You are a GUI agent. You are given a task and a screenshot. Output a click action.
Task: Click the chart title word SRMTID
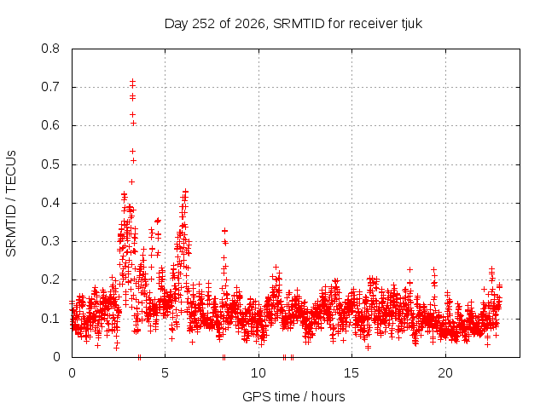click(x=299, y=24)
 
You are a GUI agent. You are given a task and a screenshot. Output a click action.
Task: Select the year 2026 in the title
click(x=250, y=24)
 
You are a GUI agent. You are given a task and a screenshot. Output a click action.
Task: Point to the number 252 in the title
click(x=204, y=24)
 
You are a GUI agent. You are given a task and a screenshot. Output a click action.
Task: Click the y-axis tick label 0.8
click(x=50, y=49)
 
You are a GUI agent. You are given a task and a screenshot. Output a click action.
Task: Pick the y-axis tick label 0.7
click(x=50, y=87)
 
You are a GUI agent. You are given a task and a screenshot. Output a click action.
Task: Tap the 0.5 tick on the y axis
click(x=50, y=164)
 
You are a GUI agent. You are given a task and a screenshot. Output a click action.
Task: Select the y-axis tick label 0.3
click(x=50, y=241)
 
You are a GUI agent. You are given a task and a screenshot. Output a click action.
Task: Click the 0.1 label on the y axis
click(x=50, y=319)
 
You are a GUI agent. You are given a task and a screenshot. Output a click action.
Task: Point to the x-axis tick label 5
click(x=165, y=373)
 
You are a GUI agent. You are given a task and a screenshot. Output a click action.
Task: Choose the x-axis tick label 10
click(x=258, y=373)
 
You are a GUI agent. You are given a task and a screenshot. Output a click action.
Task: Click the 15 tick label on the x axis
click(x=351, y=373)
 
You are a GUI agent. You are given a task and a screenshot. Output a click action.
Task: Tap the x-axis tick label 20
click(x=445, y=373)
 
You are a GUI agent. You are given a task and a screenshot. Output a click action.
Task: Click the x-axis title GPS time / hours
click(x=293, y=396)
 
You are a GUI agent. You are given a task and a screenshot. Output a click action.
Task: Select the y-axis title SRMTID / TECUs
click(x=11, y=204)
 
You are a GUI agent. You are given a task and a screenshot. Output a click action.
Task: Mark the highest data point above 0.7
click(x=133, y=82)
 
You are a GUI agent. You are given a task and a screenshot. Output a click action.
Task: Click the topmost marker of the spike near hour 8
click(x=224, y=231)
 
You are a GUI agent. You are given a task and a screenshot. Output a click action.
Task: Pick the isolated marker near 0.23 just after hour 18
click(x=410, y=269)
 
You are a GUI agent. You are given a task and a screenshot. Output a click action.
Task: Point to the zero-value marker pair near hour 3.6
click(x=139, y=357)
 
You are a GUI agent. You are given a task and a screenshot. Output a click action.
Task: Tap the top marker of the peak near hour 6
click(x=186, y=191)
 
